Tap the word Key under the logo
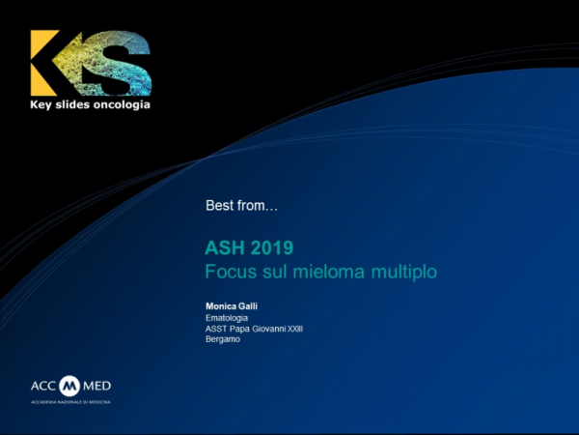[x=44, y=103]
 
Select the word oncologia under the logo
[x=121, y=103]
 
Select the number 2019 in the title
[x=270, y=249]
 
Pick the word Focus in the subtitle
[x=229, y=272]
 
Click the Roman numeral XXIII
[x=304, y=329]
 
